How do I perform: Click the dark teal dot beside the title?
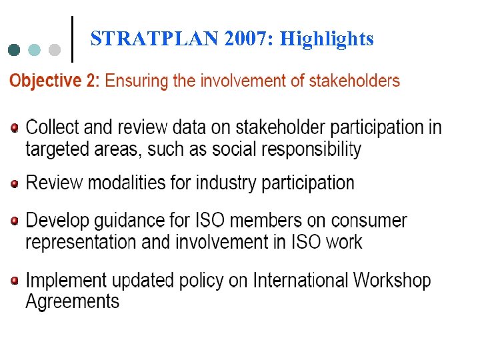[14, 50]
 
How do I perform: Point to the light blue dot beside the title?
[35, 50]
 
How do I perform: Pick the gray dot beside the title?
[55, 50]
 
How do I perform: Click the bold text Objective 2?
[54, 82]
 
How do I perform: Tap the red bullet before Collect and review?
[15, 127]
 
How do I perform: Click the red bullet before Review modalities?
[15, 183]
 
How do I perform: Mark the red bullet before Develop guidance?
[15, 220]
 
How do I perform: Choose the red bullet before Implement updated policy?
[15, 281]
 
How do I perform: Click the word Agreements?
[72, 302]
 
